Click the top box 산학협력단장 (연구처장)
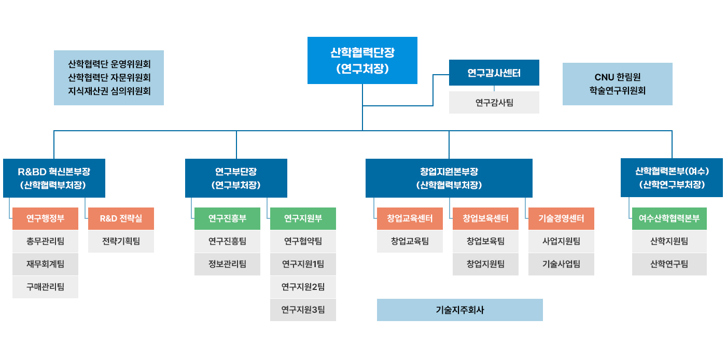coord(362,60)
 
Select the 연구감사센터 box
coord(494,73)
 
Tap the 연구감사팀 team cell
coord(494,103)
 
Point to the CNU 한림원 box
coord(617,84)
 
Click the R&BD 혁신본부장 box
coord(54,178)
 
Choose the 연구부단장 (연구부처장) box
coord(236,178)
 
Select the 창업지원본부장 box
coord(449,178)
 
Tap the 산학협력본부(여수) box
coord(672,178)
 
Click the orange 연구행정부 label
coord(45,218)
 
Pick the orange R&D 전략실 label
coord(121,218)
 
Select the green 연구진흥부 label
coord(227,218)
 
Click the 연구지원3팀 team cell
coord(303,310)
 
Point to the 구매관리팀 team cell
coord(45,287)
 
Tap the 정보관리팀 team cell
coord(227,264)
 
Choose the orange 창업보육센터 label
coord(485,218)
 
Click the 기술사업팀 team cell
coord(561,264)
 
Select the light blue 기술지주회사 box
coord(459,310)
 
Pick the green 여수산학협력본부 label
coord(669,218)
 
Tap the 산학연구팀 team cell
coord(669,264)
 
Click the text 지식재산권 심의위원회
coord(109,91)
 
